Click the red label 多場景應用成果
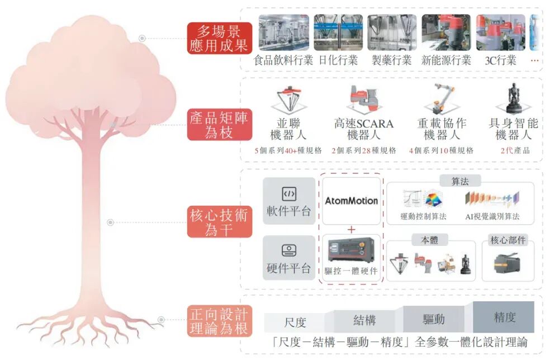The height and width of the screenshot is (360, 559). [x=219, y=38]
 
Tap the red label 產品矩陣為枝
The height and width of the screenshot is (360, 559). [x=219, y=125]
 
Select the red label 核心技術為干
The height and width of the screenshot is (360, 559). [x=219, y=222]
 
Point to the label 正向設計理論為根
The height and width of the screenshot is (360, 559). [x=219, y=321]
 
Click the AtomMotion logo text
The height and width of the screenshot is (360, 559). [x=351, y=201]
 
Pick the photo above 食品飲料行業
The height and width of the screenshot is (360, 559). [x=284, y=32]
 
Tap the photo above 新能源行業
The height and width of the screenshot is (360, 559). [x=446, y=32]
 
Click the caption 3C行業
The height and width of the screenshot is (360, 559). [x=500, y=60]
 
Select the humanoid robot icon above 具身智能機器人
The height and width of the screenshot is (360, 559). [x=514, y=98]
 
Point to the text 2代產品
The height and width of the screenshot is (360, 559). [x=515, y=150]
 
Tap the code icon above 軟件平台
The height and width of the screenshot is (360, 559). [x=289, y=194]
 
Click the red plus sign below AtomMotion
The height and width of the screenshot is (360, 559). [x=351, y=230]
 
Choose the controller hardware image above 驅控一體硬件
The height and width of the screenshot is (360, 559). [x=351, y=250]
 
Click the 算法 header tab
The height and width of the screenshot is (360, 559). [x=460, y=182]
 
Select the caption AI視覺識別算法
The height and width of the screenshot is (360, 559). [x=492, y=216]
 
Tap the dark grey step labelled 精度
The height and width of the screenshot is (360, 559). [x=504, y=317]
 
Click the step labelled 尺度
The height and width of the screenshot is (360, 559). [x=295, y=323]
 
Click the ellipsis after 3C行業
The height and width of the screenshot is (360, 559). [x=534, y=60]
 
